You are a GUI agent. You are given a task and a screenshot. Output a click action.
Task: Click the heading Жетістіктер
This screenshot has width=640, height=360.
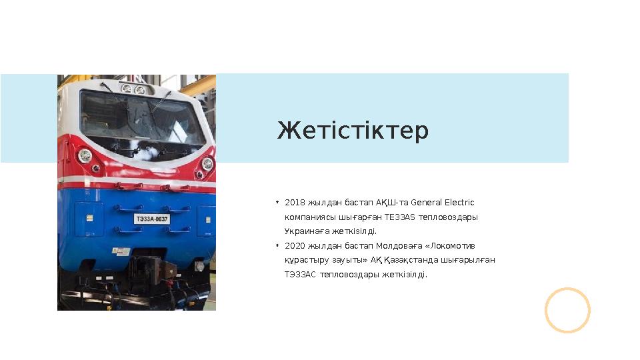coord(353,131)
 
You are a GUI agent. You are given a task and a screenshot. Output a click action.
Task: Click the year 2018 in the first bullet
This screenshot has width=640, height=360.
coord(293,203)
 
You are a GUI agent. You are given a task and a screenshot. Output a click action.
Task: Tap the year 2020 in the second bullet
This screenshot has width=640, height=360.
coord(293,246)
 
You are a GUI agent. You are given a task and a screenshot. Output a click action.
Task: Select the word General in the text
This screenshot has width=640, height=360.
coord(427,203)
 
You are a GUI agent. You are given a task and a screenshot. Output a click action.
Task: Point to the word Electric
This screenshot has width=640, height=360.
coord(459,203)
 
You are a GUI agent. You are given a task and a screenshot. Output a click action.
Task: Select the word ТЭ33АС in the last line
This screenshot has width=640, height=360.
coord(299,275)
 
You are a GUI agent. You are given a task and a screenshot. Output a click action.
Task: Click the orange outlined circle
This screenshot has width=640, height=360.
coord(567,310)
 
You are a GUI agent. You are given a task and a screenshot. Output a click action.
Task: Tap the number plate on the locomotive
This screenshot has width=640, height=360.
coord(153,219)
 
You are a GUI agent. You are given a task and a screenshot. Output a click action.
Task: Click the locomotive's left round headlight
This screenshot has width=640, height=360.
coord(85,156)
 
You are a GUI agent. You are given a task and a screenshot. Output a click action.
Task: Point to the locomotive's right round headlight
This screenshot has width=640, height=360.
coord(207,164)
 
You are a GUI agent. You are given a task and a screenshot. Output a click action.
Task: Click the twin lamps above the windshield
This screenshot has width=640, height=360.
coord(133,89)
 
